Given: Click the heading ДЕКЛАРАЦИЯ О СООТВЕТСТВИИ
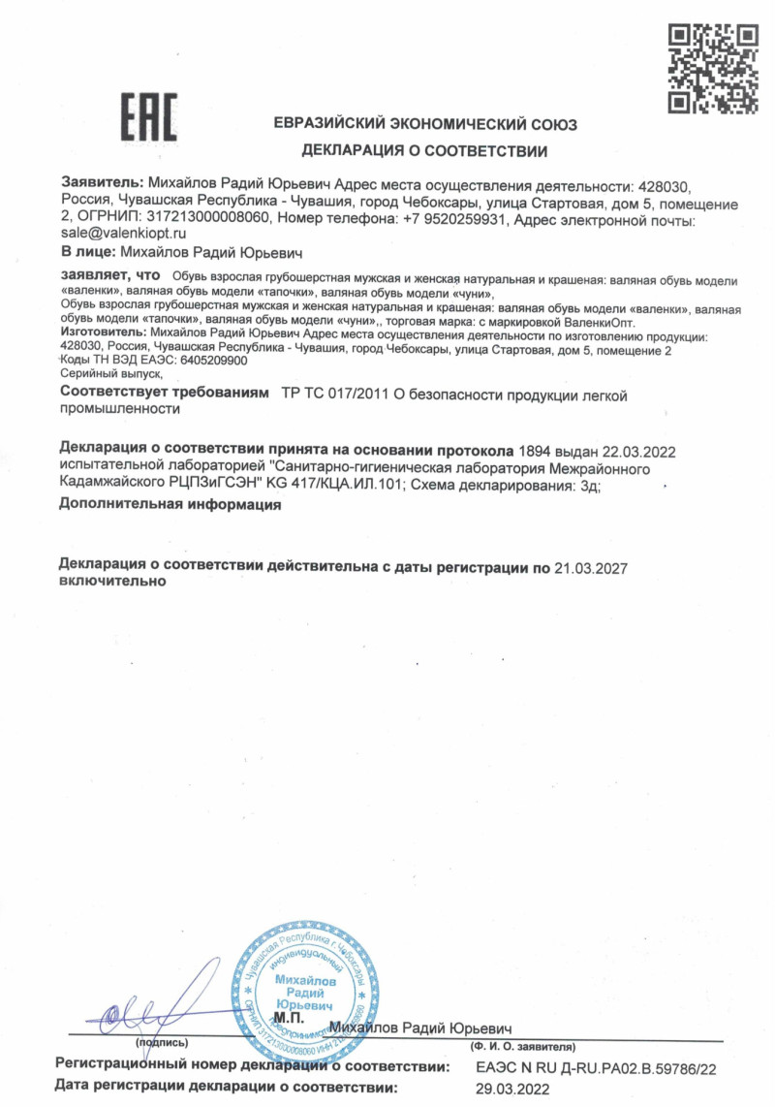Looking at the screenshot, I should pyautogui.click(x=425, y=151).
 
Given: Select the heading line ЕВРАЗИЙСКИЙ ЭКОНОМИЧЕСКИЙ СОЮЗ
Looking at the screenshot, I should pyautogui.click(x=425, y=125).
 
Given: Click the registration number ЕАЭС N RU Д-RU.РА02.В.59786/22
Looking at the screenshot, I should pyautogui.click(x=596, y=1067).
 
